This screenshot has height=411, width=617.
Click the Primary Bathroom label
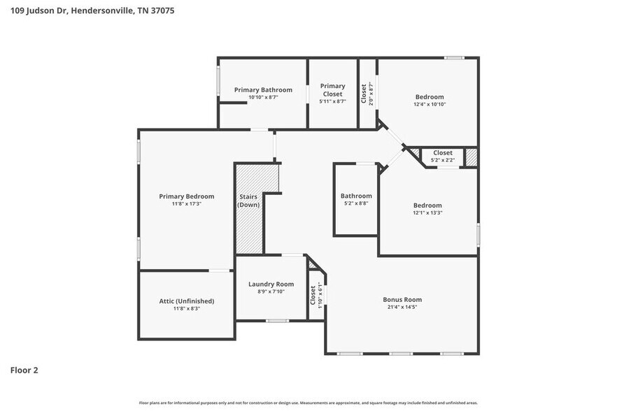tap(263, 89)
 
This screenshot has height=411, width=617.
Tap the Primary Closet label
tap(332, 89)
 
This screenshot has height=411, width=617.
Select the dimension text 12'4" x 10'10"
tap(430, 105)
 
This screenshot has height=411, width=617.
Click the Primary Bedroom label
tap(186, 196)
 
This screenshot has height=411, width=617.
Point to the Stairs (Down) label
tap(248, 201)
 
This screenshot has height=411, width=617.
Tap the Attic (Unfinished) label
tap(186, 301)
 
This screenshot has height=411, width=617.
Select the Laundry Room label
tap(271, 284)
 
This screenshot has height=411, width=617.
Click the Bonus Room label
tap(402, 299)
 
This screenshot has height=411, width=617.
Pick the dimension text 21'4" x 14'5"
tap(402, 307)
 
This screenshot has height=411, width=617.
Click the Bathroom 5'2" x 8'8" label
tap(356, 200)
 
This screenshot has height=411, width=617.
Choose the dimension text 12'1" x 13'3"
tap(427, 212)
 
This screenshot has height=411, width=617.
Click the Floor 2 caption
tap(24, 370)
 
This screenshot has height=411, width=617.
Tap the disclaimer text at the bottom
tap(308, 403)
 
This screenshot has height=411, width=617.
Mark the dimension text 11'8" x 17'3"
tap(186, 204)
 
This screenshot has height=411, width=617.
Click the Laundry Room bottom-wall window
tap(277, 321)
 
